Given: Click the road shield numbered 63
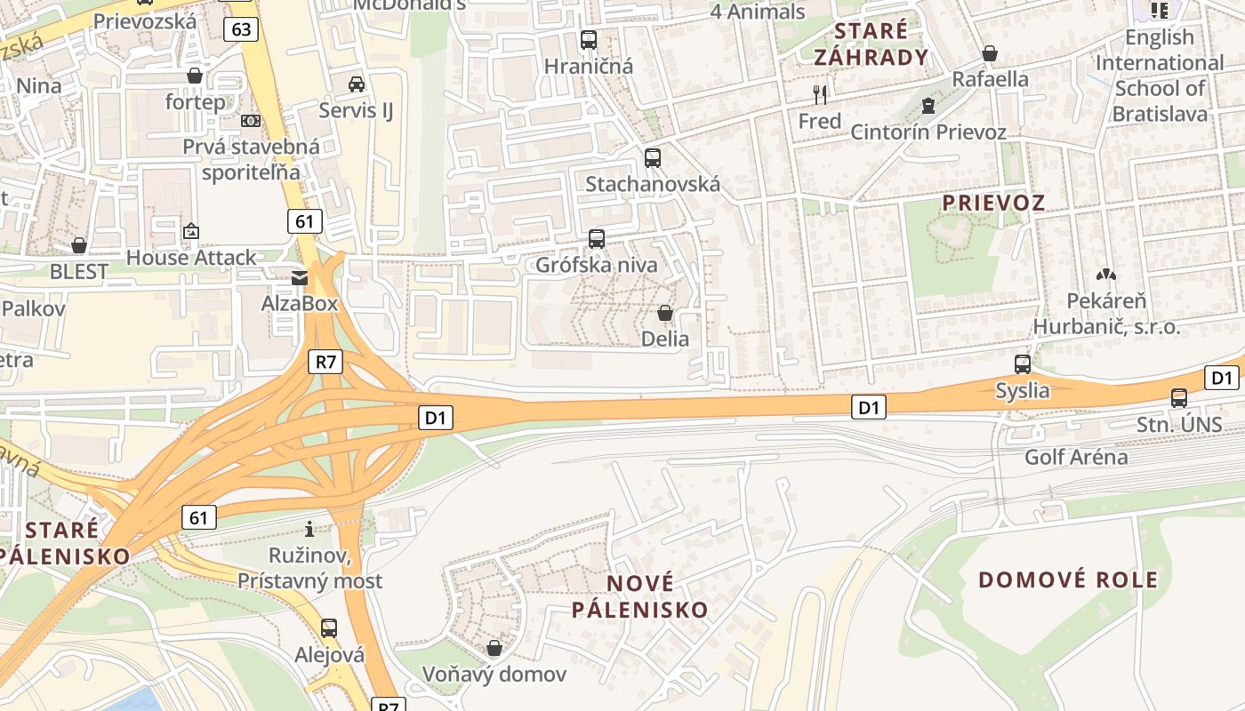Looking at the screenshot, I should (241, 29).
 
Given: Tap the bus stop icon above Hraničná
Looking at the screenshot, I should (589, 40).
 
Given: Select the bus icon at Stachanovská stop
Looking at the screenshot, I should (653, 158).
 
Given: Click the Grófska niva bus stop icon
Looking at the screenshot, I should (597, 238).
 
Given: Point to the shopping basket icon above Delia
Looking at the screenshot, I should (664, 313).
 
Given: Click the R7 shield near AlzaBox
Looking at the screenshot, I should (326, 361).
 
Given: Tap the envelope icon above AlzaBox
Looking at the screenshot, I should (300, 278).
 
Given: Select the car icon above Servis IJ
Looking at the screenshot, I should (357, 84).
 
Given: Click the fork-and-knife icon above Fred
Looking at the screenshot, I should (820, 94).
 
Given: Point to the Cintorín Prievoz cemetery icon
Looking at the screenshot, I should (928, 107).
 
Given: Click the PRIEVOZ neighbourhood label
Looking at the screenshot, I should (993, 203).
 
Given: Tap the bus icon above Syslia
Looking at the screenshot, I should (1023, 363).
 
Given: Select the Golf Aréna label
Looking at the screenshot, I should (1076, 458).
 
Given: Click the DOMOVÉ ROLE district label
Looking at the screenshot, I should (1068, 580).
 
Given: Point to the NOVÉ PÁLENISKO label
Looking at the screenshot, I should (640, 596).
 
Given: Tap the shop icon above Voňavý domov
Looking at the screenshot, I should (494, 648).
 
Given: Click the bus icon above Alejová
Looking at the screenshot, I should (329, 628).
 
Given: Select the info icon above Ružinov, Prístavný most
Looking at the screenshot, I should (309, 530).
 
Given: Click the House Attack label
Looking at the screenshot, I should (190, 258).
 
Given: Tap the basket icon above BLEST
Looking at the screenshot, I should (79, 245).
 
